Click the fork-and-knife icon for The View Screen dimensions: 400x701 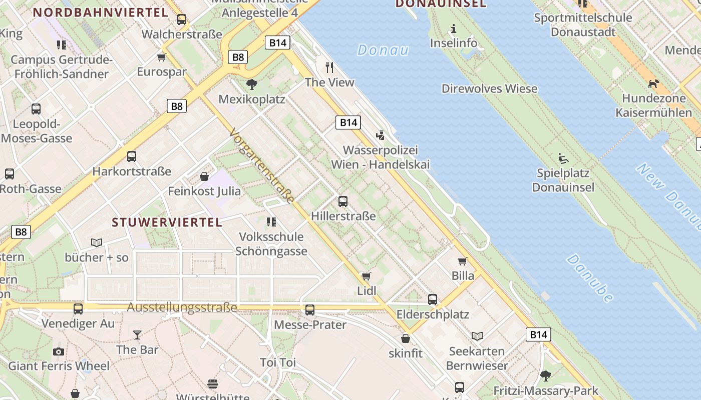click(329, 67)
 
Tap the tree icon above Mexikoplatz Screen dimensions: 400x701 click(252, 84)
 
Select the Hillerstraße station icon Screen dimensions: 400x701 click(343, 201)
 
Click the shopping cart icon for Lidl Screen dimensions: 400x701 click(366, 276)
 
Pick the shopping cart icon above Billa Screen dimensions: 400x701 click(463, 261)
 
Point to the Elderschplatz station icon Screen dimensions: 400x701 click(433, 299)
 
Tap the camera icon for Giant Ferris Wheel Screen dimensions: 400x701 click(59, 351)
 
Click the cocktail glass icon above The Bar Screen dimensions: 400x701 click(137, 334)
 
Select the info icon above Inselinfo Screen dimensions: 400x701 click(454, 28)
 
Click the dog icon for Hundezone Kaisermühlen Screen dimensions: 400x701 click(653, 83)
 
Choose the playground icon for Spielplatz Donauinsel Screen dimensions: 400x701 click(563, 158)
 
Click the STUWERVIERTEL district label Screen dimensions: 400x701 click(167, 222)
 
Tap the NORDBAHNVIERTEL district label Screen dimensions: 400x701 click(100, 12)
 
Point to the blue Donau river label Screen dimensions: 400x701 click(383, 50)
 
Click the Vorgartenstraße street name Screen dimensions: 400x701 click(262, 165)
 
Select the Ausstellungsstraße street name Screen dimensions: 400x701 click(182, 307)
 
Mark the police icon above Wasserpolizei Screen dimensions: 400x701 click(380, 135)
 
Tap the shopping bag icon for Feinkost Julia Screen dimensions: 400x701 click(204, 176)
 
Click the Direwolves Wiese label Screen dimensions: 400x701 click(489, 89)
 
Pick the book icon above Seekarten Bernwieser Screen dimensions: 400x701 click(477, 336)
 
